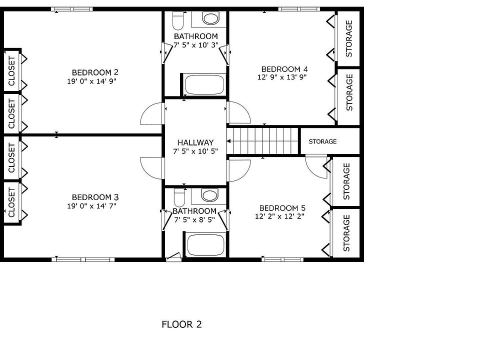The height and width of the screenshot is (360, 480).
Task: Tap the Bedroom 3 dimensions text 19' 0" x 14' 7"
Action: [x=91, y=206]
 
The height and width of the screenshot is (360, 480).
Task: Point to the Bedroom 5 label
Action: [x=282, y=208]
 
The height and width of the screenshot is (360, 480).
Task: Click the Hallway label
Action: [x=195, y=142]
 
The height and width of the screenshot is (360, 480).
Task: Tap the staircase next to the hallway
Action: [x=262, y=141]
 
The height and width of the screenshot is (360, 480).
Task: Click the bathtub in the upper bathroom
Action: [x=204, y=84]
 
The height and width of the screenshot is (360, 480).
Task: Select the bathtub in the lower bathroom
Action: [x=205, y=245]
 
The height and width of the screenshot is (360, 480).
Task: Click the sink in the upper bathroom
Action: [x=211, y=19]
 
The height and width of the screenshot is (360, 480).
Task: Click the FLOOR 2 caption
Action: [x=181, y=324]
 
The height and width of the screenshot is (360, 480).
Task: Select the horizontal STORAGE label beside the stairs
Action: [x=322, y=141]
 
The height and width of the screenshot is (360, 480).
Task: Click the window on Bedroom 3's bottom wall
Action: [x=83, y=259]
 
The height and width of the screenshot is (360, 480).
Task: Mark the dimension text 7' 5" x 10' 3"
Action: [x=196, y=45]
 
